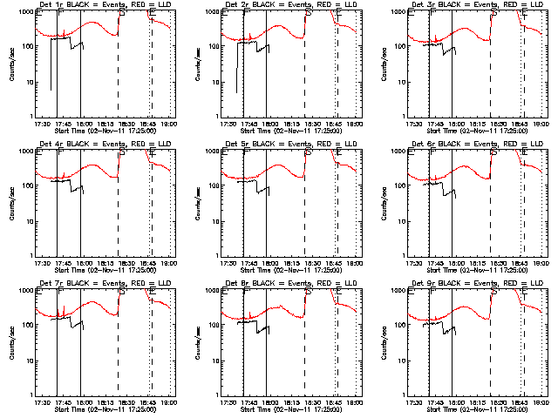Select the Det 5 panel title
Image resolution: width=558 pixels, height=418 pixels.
point(291,144)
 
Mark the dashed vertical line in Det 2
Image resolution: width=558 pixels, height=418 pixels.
point(304,78)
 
